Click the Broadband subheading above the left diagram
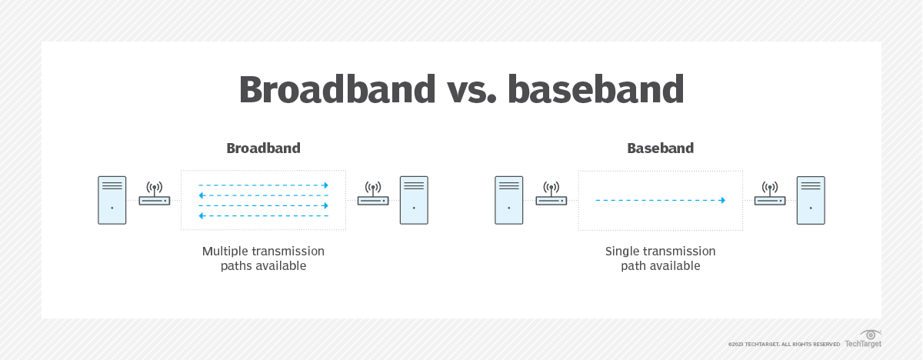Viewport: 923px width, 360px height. coord(263,148)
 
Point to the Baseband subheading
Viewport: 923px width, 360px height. coord(660,148)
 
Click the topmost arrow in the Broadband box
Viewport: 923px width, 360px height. coord(263,185)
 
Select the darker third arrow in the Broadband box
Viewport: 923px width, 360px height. coord(263,206)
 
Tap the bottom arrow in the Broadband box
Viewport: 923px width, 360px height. coord(263,216)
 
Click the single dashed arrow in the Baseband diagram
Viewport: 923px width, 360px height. coord(660,200)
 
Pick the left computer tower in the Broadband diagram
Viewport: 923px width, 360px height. coord(112,200)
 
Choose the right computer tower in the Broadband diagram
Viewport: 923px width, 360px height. coord(414,200)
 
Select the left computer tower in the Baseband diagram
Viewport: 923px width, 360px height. coord(508,200)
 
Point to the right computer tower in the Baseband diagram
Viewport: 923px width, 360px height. coord(811,200)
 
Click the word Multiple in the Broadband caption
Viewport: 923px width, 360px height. coord(225,252)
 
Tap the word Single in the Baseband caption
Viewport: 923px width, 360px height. coord(622,252)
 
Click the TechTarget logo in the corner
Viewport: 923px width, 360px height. coord(864,339)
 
